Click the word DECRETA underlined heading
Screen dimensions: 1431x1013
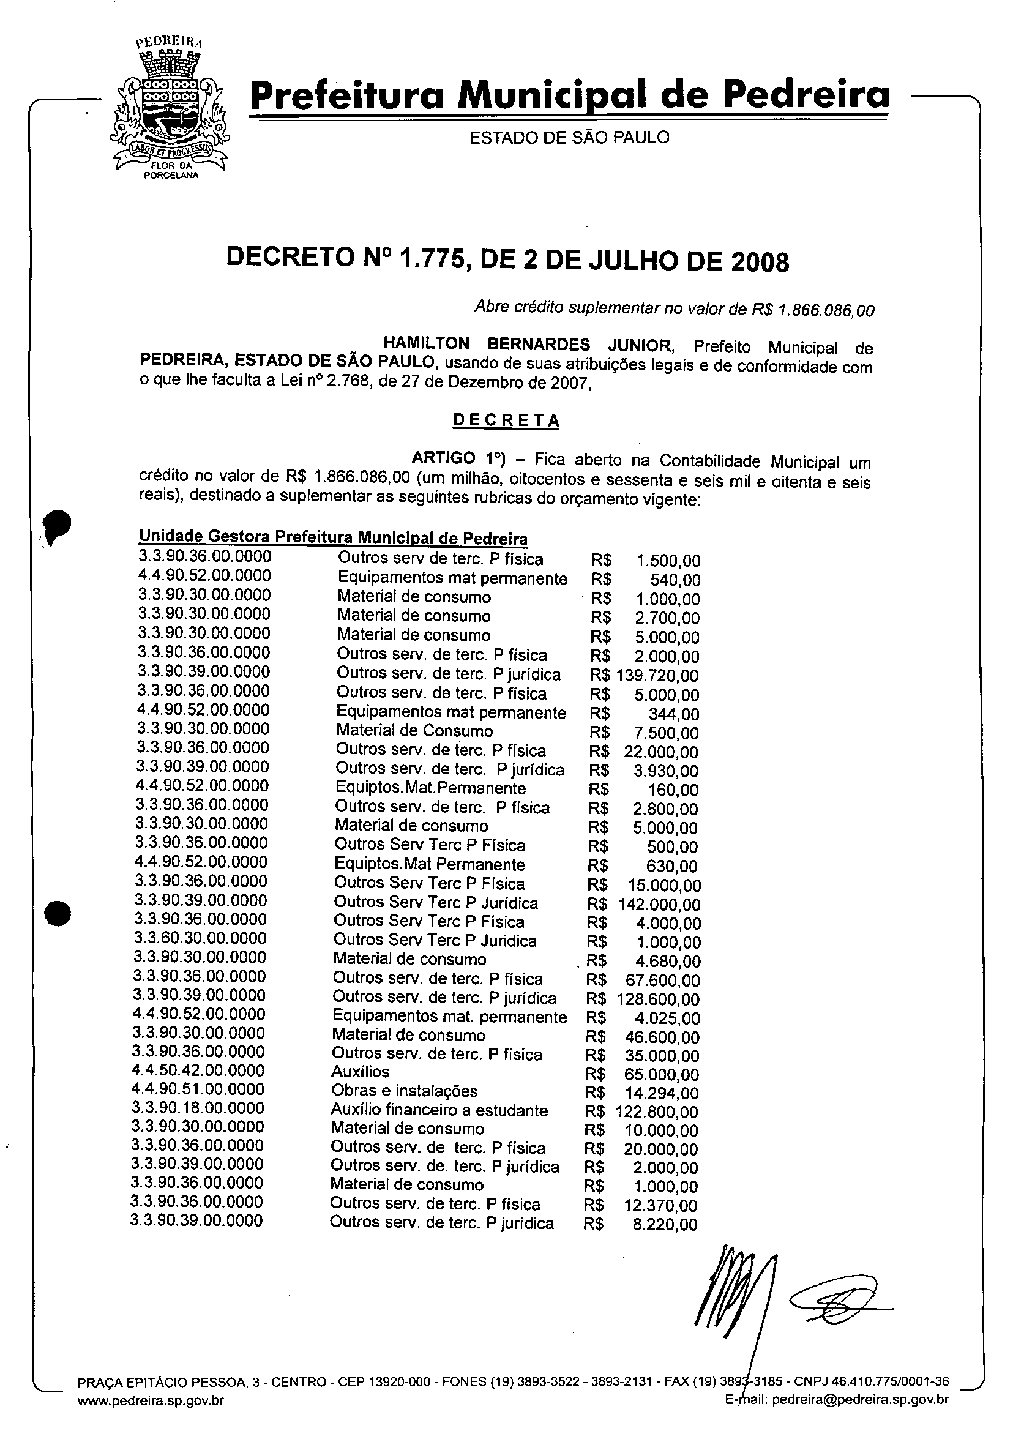506,420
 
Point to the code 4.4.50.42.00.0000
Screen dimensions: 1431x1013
198,1071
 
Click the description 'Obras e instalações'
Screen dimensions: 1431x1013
404,1091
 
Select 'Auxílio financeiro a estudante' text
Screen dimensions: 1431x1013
439,1110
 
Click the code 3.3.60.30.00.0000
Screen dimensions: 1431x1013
200,938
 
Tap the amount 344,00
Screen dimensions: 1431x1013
674,714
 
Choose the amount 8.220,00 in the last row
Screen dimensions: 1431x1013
665,1225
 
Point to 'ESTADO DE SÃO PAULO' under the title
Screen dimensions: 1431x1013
569,138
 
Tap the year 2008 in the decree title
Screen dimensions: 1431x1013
759,263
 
